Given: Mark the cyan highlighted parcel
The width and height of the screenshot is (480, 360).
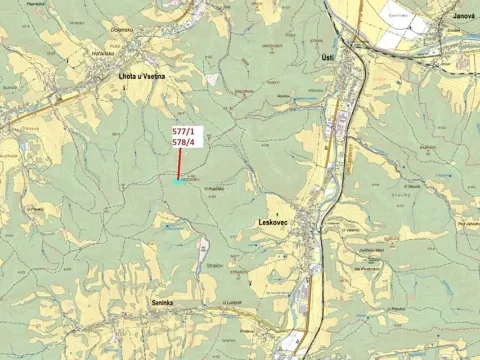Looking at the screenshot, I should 179,182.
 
